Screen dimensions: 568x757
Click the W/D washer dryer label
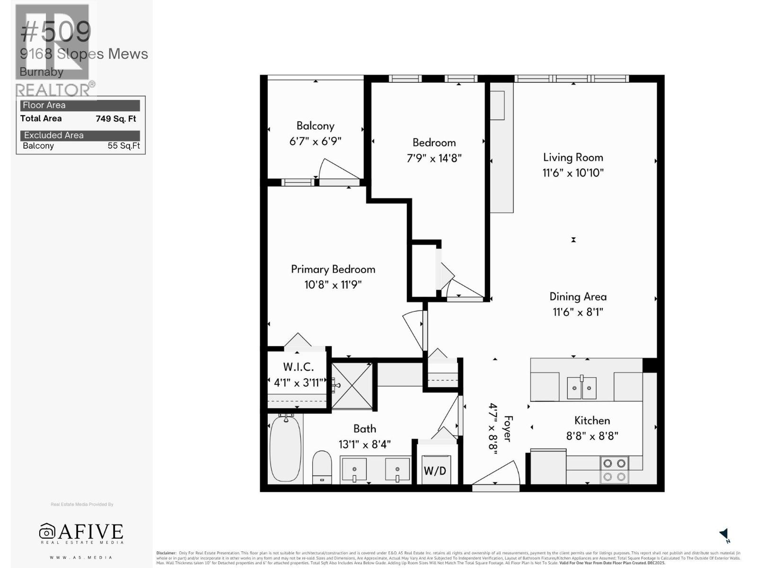(x=435, y=470)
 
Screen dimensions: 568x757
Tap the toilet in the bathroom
(x=322, y=467)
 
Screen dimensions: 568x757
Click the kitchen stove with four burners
(x=614, y=470)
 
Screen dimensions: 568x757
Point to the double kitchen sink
(x=581, y=388)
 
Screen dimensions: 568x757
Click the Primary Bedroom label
(x=333, y=269)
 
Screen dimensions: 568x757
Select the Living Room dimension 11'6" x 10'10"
(x=573, y=173)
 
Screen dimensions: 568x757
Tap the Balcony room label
(x=315, y=126)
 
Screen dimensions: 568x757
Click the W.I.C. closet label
(x=298, y=367)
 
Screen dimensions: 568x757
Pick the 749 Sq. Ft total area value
(x=116, y=119)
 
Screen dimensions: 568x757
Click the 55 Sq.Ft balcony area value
(x=123, y=146)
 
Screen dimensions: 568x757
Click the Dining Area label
(x=578, y=297)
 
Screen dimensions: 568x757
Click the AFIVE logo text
(x=81, y=532)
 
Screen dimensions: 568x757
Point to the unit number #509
(x=56, y=32)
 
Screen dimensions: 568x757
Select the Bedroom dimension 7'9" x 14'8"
(x=434, y=158)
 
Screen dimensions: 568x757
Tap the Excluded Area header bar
(x=80, y=135)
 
